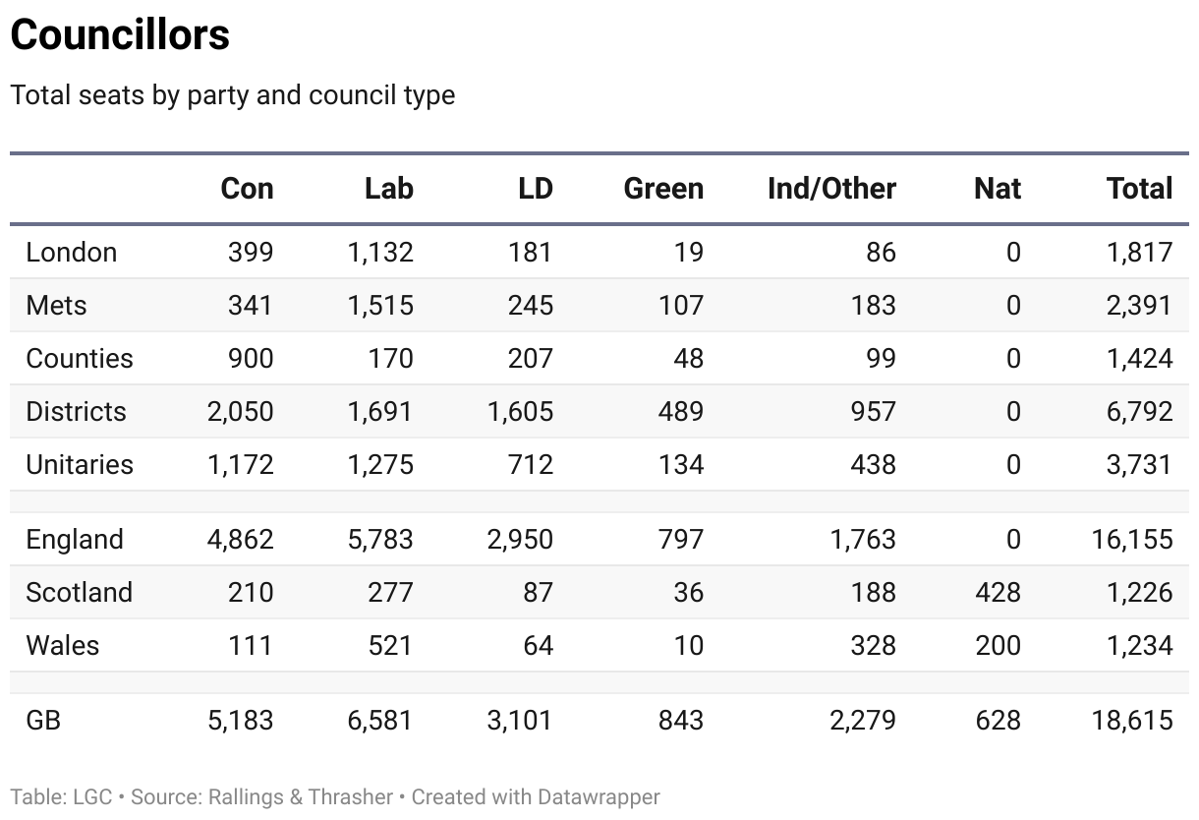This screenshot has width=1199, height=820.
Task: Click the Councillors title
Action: pos(120,35)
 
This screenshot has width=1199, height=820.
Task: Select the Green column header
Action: pos(663,189)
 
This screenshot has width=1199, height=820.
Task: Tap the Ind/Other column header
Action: pos(831,189)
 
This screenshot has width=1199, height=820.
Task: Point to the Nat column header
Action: pos(997,189)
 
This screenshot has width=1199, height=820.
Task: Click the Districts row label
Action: pos(76,411)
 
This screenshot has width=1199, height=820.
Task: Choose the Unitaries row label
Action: pos(80,464)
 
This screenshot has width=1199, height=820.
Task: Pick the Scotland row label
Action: pos(79,592)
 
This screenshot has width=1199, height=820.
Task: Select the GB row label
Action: pos(43,720)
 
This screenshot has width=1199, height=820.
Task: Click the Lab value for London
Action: pos(380,253)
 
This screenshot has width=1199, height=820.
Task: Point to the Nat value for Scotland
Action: pos(997,592)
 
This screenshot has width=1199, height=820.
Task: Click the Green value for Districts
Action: pos(680,411)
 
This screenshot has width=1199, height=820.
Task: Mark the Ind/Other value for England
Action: pos(862,539)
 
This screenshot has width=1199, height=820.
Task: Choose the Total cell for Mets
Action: pos(1139,305)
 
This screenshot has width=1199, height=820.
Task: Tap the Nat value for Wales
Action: pos(997,645)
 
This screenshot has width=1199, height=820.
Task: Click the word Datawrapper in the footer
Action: pos(599,796)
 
